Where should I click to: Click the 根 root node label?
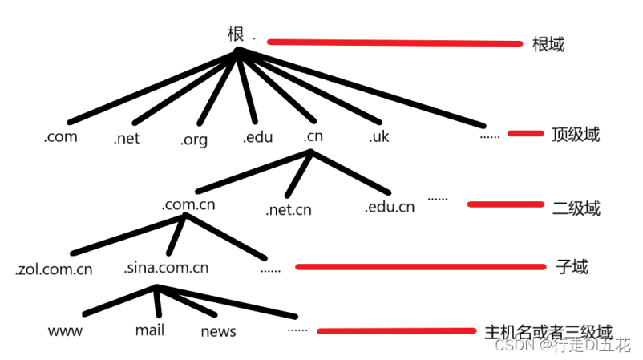pyautogui.click(x=236, y=34)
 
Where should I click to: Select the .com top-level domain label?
pyautogui.click(x=61, y=136)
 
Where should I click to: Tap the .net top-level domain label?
pyautogui.click(x=127, y=138)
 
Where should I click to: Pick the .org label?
pyautogui.click(x=194, y=140)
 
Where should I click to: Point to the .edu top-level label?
pyautogui.click(x=257, y=136)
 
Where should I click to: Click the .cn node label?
pyautogui.click(x=313, y=136)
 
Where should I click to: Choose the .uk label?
pyautogui.click(x=379, y=136)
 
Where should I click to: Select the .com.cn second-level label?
pyautogui.click(x=188, y=204)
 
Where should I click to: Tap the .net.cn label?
pyautogui.click(x=289, y=209)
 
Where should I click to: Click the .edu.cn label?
pyautogui.click(x=390, y=206)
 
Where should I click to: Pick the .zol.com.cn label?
pyautogui.click(x=54, y=269)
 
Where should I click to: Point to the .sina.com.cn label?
pyautogui.click(x=166, y=267)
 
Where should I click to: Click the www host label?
pyautogui.click(x=65, y=331)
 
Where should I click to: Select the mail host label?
pyautogui.click(x=150, y=330)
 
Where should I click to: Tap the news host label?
pyautogui.click(x=218, y=331)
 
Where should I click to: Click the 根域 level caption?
pyautogui.click(x=548, y=44)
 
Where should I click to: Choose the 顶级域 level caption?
pyautogui.click(x=576, y=135)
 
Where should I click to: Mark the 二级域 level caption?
pyautogui.click(x=576, y=208)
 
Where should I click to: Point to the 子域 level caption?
pyautogui.click(x=572, y=267)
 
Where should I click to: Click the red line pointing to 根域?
pyautogui.click(x=395, y=42)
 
